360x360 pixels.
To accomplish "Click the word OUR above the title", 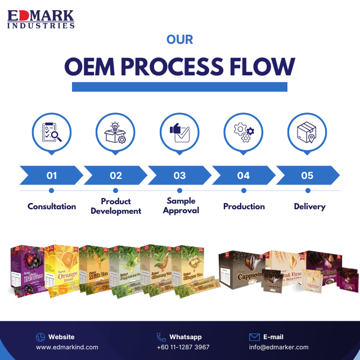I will [180, 40].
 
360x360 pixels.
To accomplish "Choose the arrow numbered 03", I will [179, 175].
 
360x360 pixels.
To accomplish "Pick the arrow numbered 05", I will [307, 175].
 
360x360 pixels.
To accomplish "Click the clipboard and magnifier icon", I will [52, 132].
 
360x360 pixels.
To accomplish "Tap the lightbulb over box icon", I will [116, 132].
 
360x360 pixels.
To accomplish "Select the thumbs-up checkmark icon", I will [179, 132].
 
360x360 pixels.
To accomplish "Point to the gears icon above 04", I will [244, 132].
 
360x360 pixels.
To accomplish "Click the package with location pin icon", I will [307, 132].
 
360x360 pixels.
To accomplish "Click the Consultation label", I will [52, 206].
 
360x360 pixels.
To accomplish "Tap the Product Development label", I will [116, 206].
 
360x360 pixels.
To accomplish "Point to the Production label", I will [244, 206].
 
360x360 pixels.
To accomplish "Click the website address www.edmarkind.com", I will [67, 347].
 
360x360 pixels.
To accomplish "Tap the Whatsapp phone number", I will [183, 347].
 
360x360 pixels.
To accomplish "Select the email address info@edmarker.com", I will [278, 347].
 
